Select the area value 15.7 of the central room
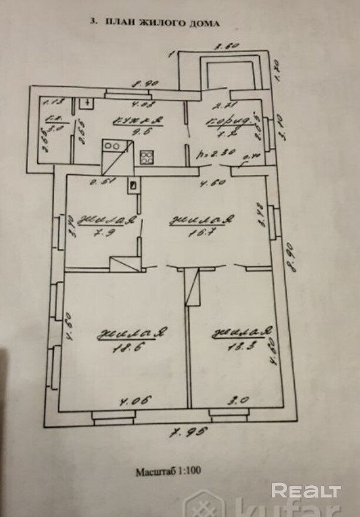(202, 232)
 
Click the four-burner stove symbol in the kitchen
(147, 157)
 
